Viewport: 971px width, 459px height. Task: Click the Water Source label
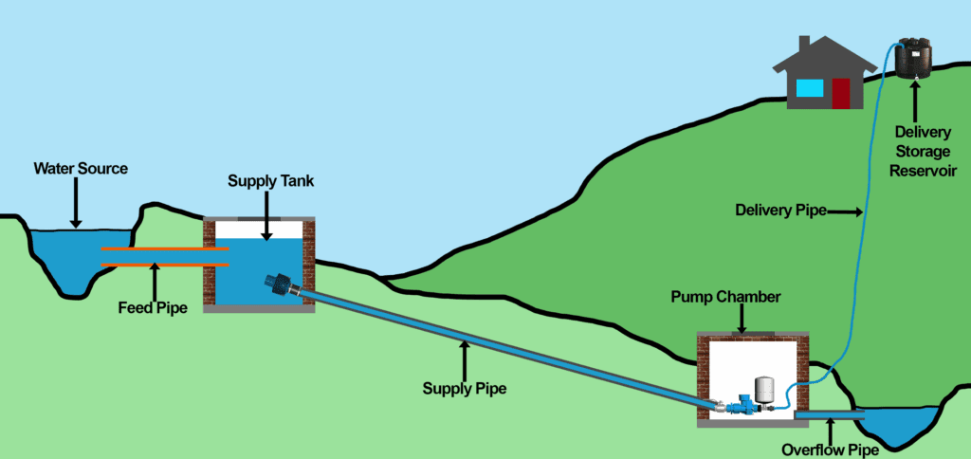tap(81, 169)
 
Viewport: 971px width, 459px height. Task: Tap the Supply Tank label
tap(267, 180)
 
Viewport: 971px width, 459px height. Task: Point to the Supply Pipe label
tap(464, 388)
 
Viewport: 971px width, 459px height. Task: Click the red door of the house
tap(840, 95)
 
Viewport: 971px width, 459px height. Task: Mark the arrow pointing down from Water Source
tap(76, 205)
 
